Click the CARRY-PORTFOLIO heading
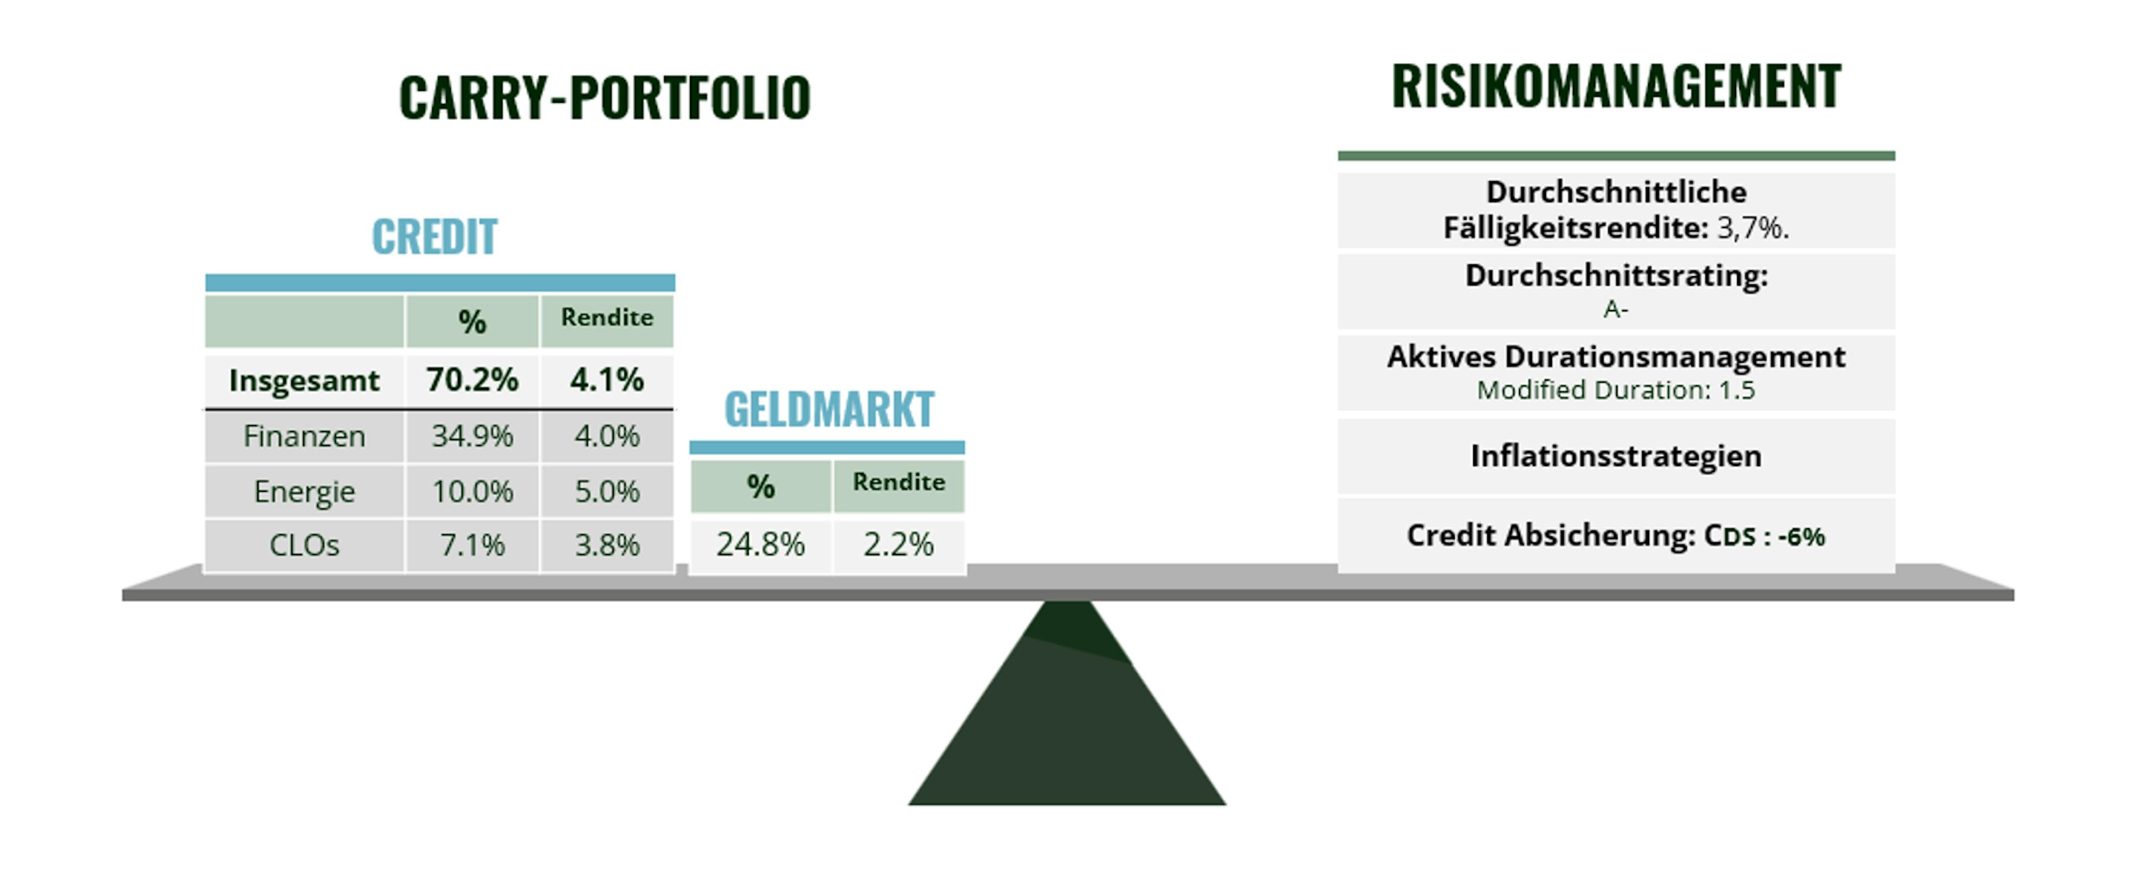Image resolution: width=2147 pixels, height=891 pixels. pos(604,97)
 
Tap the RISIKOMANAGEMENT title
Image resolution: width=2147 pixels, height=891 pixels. pos(1616,86)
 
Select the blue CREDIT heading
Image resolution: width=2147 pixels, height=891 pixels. pos(434,236)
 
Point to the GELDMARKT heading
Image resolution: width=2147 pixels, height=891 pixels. pos(829,409)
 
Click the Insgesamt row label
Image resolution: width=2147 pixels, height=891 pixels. pos(304,381)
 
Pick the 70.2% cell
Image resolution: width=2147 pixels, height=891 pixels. pos(472,380)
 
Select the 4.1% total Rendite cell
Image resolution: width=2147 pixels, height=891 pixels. pos(607,380)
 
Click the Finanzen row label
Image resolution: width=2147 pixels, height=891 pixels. pos(304,436)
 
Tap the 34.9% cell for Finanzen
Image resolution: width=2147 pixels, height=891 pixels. pos(472,436)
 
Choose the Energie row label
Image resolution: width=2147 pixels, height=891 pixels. pos(304,492)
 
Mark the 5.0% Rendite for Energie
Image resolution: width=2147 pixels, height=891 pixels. pos(607,492)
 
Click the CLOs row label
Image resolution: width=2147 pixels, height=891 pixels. pos(304,545)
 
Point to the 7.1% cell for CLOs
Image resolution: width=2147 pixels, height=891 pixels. pos(472,545)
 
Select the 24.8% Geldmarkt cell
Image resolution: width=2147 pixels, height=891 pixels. pos(760,544)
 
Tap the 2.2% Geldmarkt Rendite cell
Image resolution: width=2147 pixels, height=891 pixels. pos(898,544)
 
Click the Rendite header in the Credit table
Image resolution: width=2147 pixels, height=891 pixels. pos(607,317)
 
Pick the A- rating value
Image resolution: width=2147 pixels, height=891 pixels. pos(1615,310)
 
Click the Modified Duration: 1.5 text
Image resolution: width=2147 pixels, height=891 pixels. pos(1616,390)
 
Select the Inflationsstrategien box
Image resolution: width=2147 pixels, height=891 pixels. pos(1616,457)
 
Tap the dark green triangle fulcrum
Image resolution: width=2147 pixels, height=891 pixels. pos(1067,717)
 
